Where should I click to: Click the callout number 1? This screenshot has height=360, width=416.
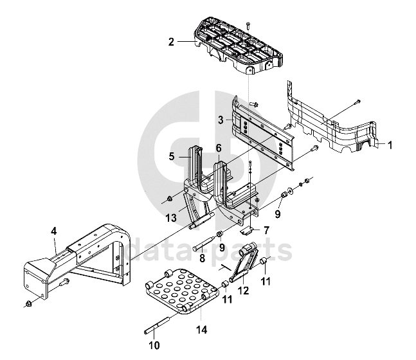390,145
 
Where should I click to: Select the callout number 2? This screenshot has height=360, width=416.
172,42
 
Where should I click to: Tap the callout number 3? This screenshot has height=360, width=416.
220,120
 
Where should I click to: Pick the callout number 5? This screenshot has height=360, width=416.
172,156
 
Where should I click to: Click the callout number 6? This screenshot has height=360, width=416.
219,148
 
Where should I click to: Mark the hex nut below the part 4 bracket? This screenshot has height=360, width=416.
28,303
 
